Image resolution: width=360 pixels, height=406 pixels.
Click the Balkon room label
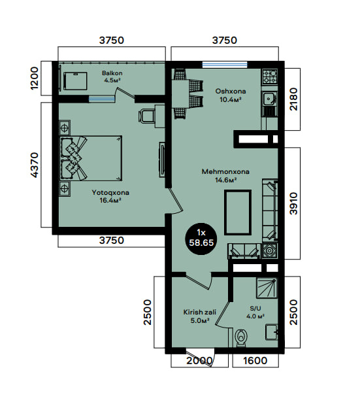point(112,73)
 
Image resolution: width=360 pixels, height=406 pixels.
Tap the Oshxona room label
point(231,92)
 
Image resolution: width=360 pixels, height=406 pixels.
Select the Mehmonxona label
point(225,172)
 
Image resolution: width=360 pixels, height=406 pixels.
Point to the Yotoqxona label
point(110,193)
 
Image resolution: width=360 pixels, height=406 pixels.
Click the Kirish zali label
point(200,313)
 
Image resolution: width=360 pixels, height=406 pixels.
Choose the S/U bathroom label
point(255,309)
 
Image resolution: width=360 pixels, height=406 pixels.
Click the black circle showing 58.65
point(201,239)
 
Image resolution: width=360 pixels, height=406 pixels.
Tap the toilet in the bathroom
point(242,337)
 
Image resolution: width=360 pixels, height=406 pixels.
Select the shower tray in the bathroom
point(267,288)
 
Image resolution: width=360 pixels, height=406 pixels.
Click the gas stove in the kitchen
point(270,76)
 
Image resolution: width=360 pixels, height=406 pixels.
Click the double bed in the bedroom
point(91,158)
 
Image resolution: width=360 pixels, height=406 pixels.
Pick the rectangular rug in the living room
point(238,212)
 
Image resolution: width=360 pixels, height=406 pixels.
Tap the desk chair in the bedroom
point(146,116)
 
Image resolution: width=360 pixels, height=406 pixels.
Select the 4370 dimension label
point(35,165)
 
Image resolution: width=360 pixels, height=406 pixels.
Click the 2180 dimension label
point(294,99)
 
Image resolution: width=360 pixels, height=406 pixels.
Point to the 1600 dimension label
point(255,360)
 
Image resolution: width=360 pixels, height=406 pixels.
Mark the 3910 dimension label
point(294,203)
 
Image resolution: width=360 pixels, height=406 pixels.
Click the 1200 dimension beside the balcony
point(35,78)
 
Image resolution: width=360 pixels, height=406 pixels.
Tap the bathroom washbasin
point(271,332)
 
